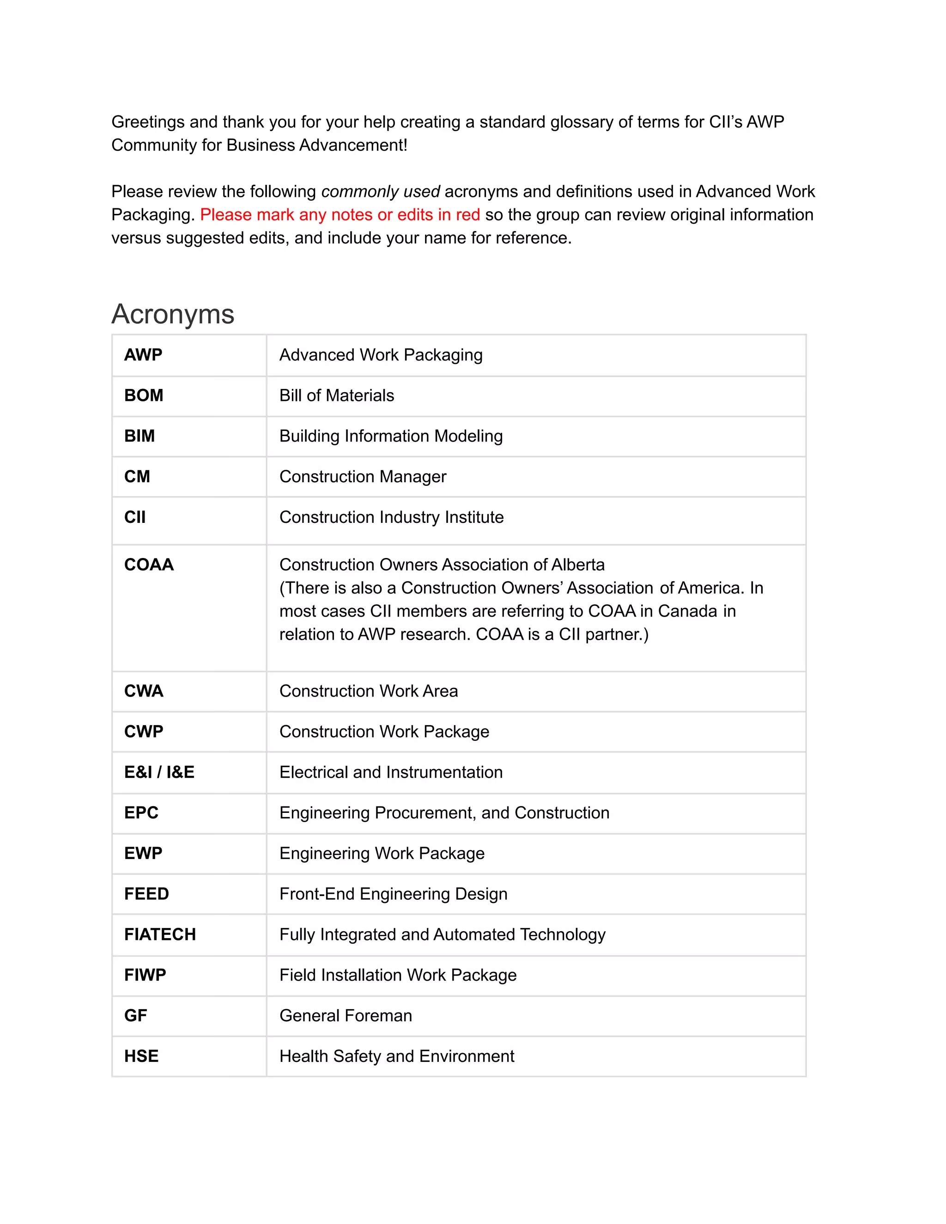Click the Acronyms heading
click(x=173, y=314)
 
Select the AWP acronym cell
click(x=144, y=355)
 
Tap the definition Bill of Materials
click(x=336, y=396)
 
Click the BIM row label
click(x=139, y=436)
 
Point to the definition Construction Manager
click(x=363, y=476)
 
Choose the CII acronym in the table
click(x=135, y=517)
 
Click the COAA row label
click(x=149, y=564)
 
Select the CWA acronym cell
click(x=144, y=691)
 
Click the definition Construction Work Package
click(x=384, y=731)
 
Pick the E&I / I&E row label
click(x=159, y=772)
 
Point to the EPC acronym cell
click(x=141, y=812)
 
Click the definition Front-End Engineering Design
click(x=393, y=894)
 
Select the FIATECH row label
click(x=160, y=934)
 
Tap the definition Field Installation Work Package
click(x=397, y=975)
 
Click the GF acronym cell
click(x=136, y=1016)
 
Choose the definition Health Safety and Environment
click(x=396, y=1056)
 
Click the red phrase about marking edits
click(x=340, y=215)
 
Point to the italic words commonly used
click(x=381, y=192)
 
